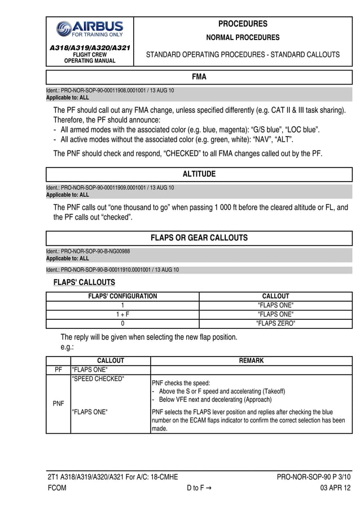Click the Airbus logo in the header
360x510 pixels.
(x=89, y=29)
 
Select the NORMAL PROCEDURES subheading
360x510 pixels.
(x=243, y=38)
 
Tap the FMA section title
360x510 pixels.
(x=199, y=76)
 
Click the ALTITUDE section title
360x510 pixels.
(x=199, y=174)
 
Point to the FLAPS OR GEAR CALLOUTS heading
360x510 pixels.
(x=199, y=238)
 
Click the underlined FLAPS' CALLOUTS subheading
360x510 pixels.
(x=84, y=282)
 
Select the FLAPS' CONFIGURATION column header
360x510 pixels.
(x=122, y=296)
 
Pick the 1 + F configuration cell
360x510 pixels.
(x=122, y=314)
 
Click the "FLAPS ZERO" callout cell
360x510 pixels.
(x=275, y=324)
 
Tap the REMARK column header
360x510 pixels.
(x=251, y=360)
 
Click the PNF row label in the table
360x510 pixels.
(x=58, y=404)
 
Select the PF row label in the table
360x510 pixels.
(x=58, y=370)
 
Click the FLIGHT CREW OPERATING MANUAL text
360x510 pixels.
(x=89, y=58)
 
